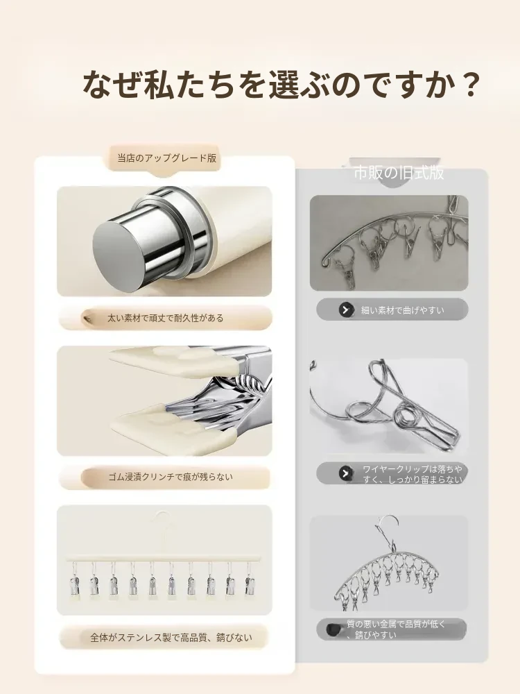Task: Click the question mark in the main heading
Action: pyautogui.click(x=467, y=84)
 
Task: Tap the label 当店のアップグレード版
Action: pyautogui.click(x=166, y=158)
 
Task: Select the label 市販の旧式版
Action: pyautogui.click(x=399, y=173)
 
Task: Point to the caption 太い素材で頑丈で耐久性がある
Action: pyautogui.click(x=166, y=318)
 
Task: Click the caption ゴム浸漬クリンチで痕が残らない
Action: pyautogui.click(x=171, y=477)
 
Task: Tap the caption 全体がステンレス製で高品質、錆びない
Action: pyautogui.click(x=171, y=638)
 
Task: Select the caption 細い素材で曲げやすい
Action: pyautogui.click(x=402, y=310)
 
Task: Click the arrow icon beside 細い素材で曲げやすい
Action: pyautogui.click(x=346, y=310)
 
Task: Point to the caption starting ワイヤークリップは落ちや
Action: pyautogui.click(x=413, y=474)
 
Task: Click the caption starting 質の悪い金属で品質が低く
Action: pyautogui.click(x=396, y=629)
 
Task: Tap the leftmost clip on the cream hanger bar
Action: pyautogui.click(x=74, y=581)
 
